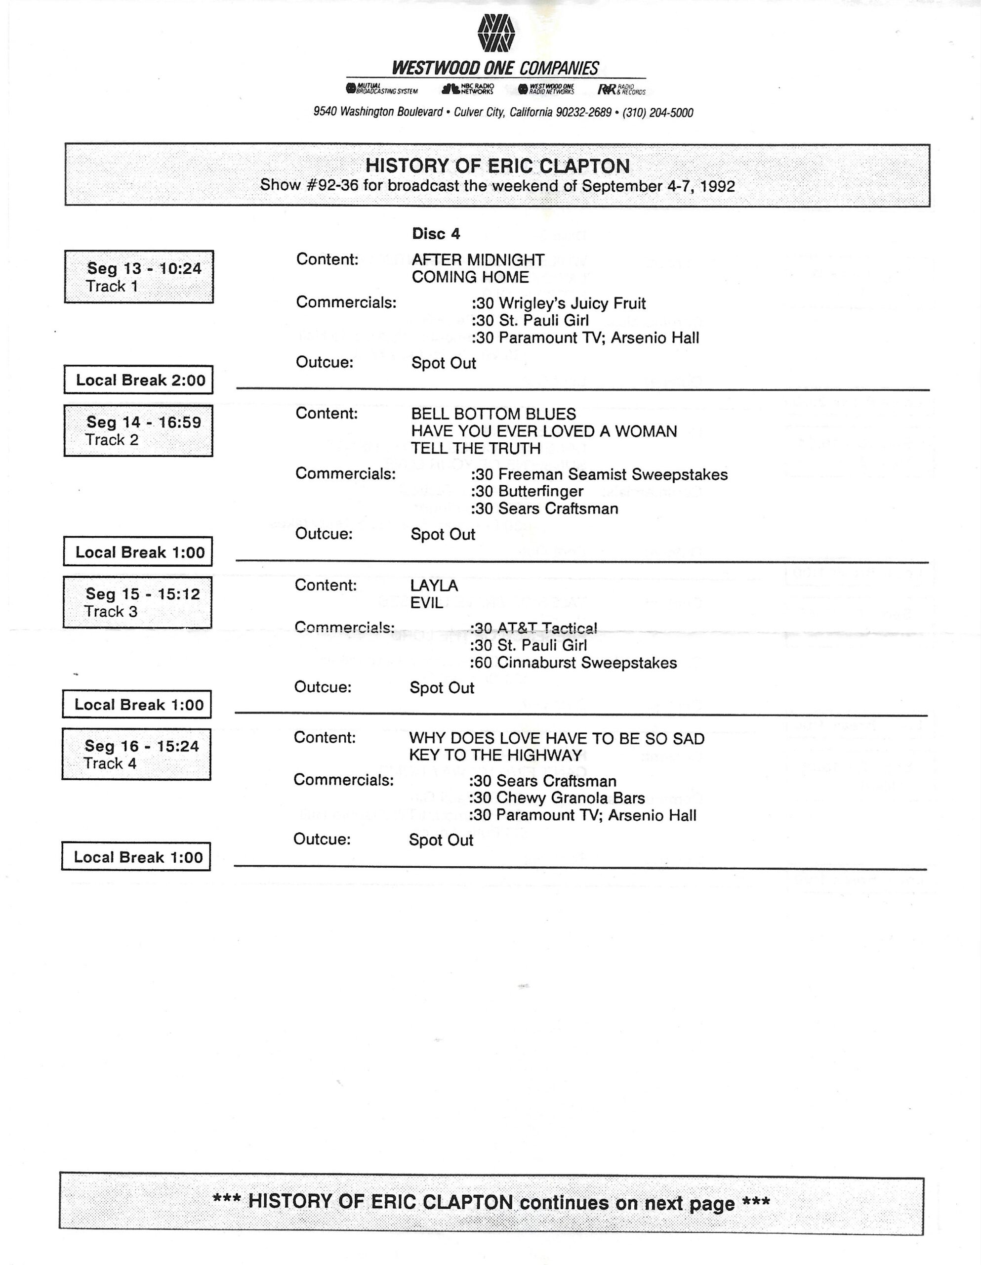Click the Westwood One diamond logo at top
pos(496,33)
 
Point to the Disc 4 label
pos(436,233)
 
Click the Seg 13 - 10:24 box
pos(139,277)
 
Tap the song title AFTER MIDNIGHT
pos(478,260)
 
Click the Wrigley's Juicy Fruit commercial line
pos(558,303)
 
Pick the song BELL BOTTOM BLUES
pos(493,414)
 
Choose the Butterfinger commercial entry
pos(527,492)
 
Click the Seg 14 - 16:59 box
pos(138,430)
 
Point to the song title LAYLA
pos(434,586)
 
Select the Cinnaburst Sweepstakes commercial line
pos(572,663)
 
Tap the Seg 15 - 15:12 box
pos(138,602)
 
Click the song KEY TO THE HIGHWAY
pos(495,755)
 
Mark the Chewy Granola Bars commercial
pos(557,798)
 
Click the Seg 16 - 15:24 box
pos(137,754)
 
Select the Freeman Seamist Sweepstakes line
pos(599,475)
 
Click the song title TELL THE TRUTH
pos(476,448)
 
